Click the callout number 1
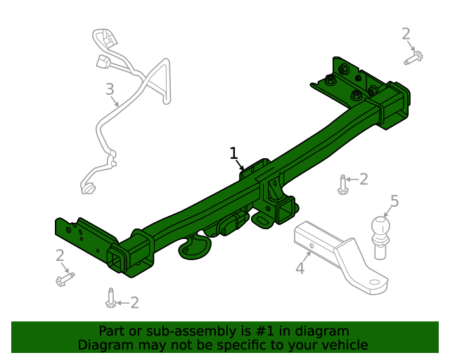pos(234,154)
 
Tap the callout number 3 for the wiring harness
pos(109,89)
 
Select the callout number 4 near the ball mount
pos(300,268)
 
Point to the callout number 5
pos(394,202)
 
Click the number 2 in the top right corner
pos(406,33)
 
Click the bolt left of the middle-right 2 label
pos(342,186)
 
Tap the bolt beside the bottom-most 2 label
pos(110,300)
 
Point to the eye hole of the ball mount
pos(374,285)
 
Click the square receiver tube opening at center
pos(287,212)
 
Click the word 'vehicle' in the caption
pos(345,345)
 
